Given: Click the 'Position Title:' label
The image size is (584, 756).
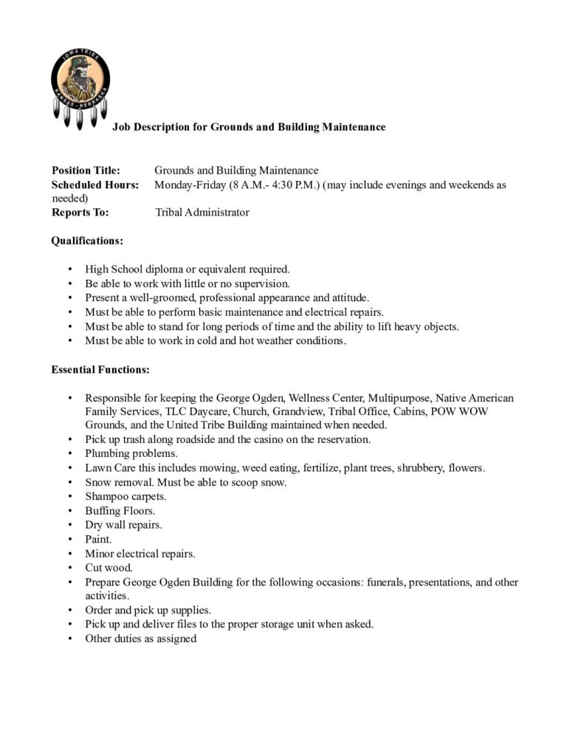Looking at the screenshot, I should [86, 171].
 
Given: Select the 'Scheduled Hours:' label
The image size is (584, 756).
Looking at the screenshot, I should [95, 185].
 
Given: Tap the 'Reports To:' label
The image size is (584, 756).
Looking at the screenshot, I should [80, 213].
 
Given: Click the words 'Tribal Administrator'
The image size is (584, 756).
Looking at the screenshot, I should [202, 213].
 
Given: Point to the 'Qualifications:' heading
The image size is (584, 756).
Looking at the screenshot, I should [87, 241].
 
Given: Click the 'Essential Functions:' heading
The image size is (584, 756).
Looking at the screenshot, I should [100, 369].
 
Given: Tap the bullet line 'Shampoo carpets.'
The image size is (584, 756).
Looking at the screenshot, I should [126, 496].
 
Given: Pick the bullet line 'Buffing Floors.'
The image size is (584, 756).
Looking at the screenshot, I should [120, 510].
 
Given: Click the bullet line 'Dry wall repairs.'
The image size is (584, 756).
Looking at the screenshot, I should [123, 525].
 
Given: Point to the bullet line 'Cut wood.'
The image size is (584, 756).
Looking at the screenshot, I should [109, 568].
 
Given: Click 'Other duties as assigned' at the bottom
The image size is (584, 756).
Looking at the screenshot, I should [140, 639].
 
